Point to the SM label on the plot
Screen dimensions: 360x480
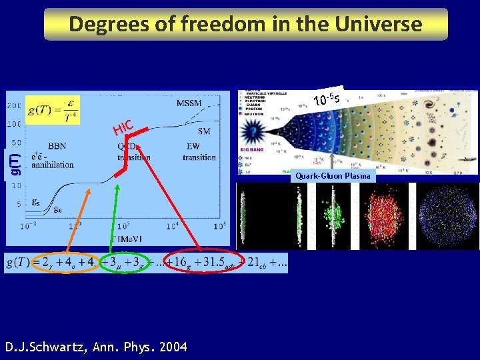[x=204, y=131]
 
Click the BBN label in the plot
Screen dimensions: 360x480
[x=57, y=146]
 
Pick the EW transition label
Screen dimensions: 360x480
[x=199, y=153]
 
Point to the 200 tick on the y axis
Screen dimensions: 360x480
[x=13, y=106]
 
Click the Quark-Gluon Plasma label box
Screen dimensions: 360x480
[x=333, y=176]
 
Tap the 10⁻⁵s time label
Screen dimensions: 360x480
[x=327, y=100]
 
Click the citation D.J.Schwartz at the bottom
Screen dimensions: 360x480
[x=96, y=347]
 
